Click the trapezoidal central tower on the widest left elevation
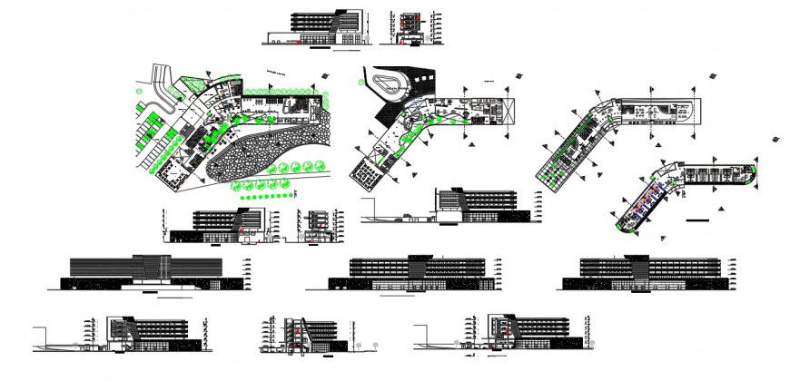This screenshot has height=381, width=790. pyautogui.click(x=152, y=269)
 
